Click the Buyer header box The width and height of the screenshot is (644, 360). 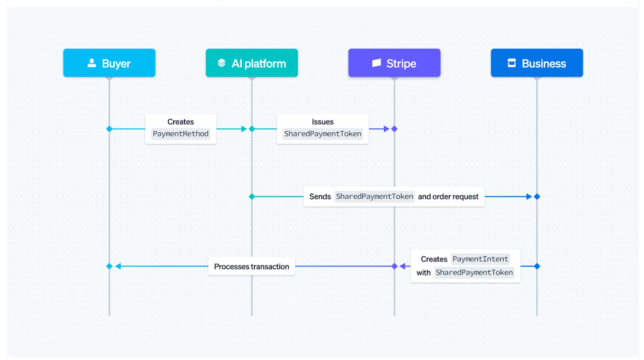pos(109,63)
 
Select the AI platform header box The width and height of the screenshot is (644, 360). pos(252,63)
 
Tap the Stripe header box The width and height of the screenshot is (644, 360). pos(394,63)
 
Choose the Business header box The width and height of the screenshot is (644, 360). pos(537,63)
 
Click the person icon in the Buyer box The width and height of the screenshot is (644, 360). pos(92,63)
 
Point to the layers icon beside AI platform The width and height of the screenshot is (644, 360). pos(222,63)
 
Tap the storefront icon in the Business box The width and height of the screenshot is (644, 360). pos(512,63)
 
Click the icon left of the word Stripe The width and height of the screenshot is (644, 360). pos(376,63)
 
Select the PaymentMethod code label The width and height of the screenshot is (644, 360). pos(181,134)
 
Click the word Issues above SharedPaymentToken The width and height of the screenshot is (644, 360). pos(322,122)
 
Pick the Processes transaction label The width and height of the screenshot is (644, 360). pos(251,267)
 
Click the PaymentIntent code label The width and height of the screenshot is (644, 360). pos(480,259)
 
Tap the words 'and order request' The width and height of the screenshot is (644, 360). pos(448,197)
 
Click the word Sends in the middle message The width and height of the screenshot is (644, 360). pos(320,197)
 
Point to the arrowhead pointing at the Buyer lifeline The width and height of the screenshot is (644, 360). pos(118,266)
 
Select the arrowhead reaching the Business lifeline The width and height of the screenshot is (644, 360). pos(529,197)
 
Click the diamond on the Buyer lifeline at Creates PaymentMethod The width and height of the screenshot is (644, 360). pos(109,129)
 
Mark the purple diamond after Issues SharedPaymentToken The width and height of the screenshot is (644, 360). pos(394,129)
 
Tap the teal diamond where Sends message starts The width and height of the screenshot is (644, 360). pos(252,197)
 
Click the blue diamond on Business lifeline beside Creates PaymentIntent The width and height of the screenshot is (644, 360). pos(537,266)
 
